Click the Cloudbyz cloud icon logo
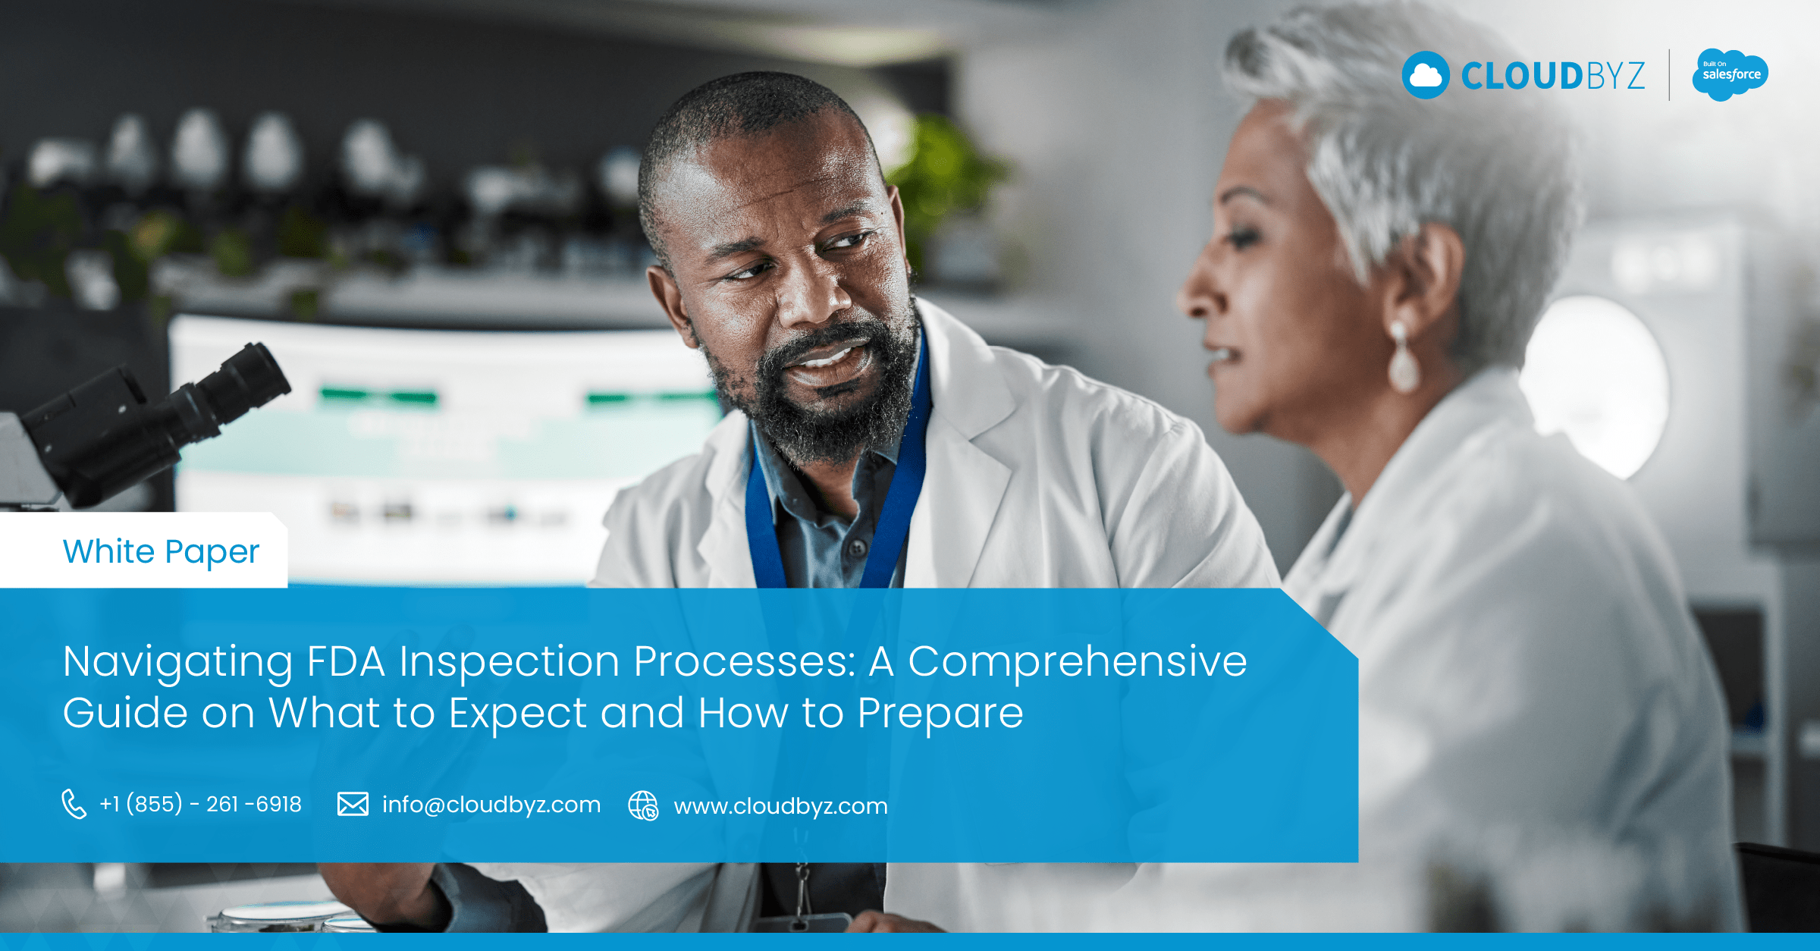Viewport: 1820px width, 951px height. coord(1426,75)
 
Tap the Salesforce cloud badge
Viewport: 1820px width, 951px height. coord(1730,74)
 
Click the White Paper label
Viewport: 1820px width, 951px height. coord(161,552)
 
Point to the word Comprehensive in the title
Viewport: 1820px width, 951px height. coord(1078,661)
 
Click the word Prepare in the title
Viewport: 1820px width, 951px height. coord(940,714)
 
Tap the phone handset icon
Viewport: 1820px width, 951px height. coord(74,805)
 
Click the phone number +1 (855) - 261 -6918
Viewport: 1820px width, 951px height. coord(200,804)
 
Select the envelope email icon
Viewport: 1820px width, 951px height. coord(353,804)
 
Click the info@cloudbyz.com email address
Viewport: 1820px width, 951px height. coord(491,805)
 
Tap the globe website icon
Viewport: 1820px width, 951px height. coord(643,805)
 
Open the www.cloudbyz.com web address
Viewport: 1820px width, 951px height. coord(780,806)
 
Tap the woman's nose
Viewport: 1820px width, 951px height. coord(1198,292)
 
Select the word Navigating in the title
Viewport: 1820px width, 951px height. coord(177,663)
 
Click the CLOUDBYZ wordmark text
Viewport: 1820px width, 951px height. coord(1553,76)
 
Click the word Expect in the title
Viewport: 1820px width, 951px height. coord(518,714)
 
